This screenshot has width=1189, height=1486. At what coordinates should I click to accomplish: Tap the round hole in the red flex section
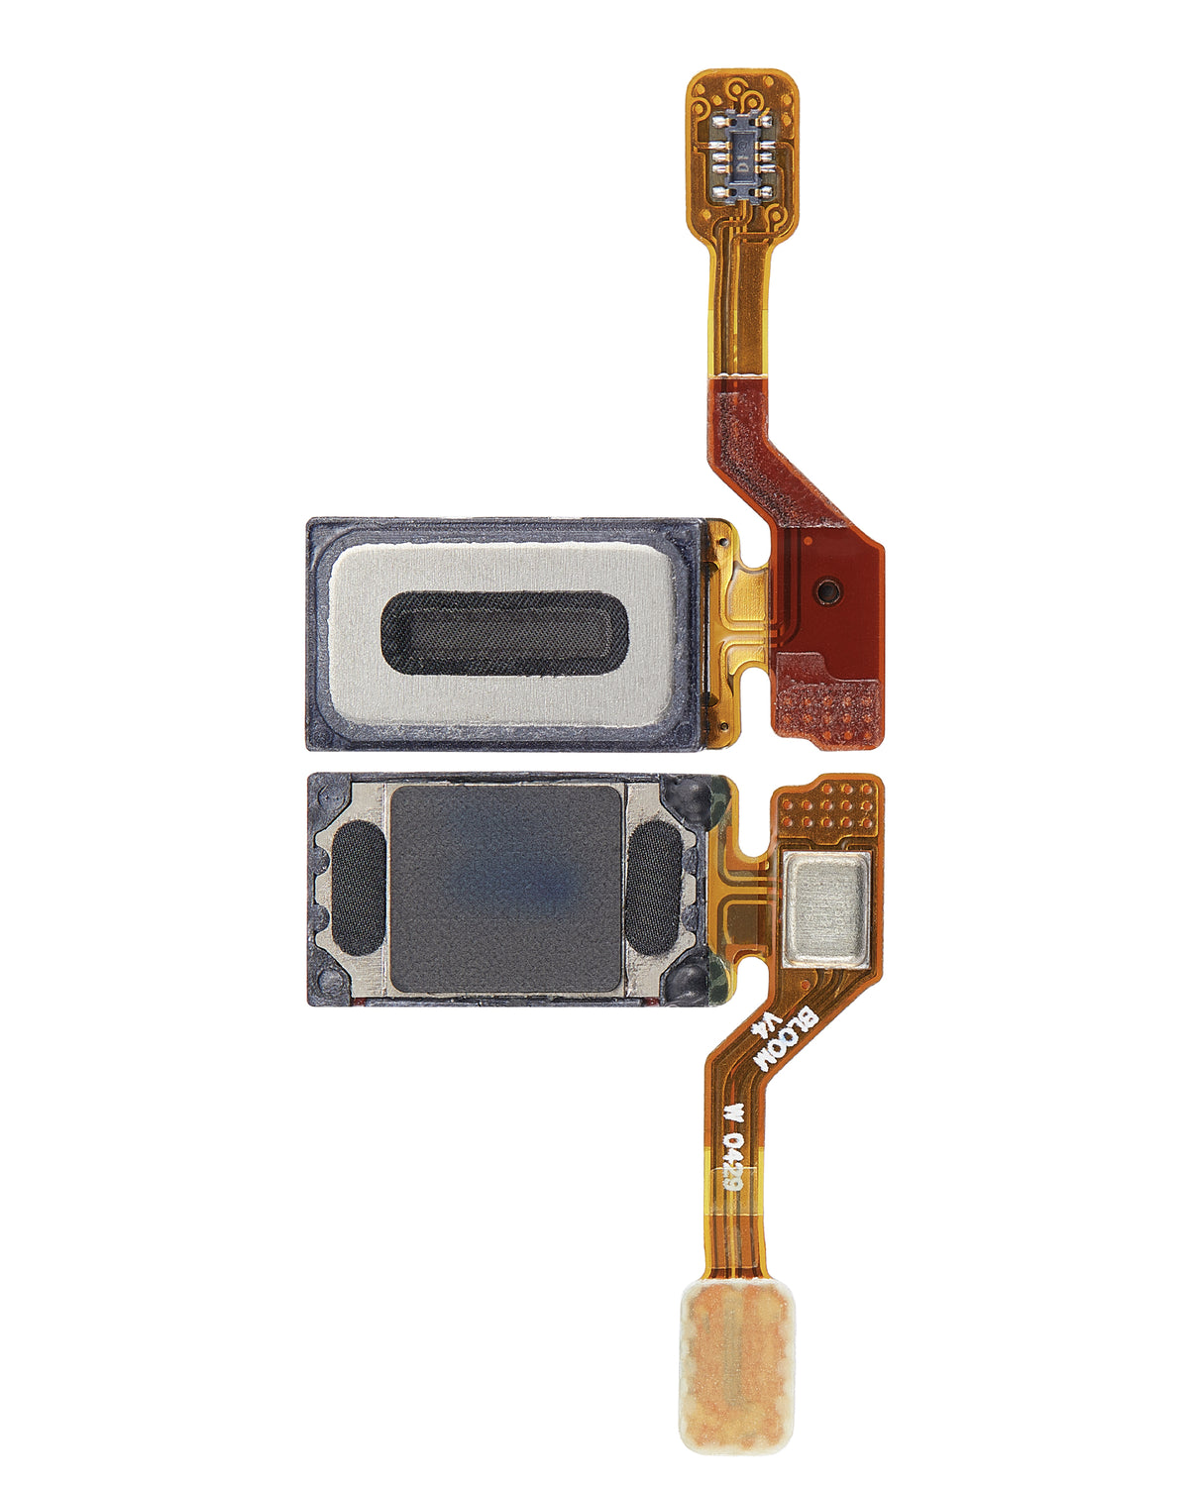click(825, 591)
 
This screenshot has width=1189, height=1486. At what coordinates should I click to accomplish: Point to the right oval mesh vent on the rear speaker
click(655, 889)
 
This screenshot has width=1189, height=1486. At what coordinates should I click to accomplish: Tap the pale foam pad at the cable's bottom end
click(735, 1367)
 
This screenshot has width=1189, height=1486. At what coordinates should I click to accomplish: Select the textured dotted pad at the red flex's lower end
click(827, 708)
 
